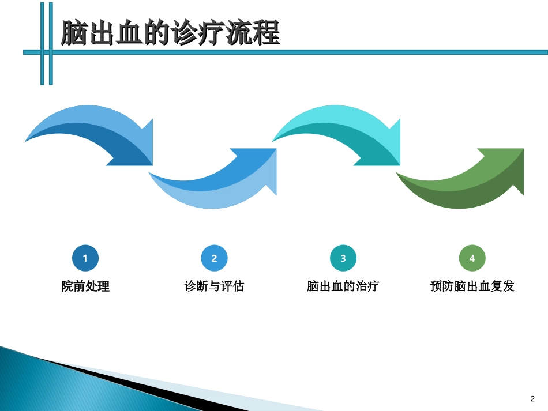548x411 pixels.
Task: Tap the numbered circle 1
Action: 85,258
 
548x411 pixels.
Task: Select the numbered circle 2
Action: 214,258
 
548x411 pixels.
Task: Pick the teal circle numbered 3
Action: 343,258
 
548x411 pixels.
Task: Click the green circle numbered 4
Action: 472,258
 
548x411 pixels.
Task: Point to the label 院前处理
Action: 85,286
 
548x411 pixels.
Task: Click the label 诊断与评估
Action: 214,286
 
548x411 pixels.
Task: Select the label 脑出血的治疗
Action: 343,286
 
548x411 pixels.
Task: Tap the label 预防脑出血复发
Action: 472,286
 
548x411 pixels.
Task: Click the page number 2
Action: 532,398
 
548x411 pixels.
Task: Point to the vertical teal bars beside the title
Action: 46,43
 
